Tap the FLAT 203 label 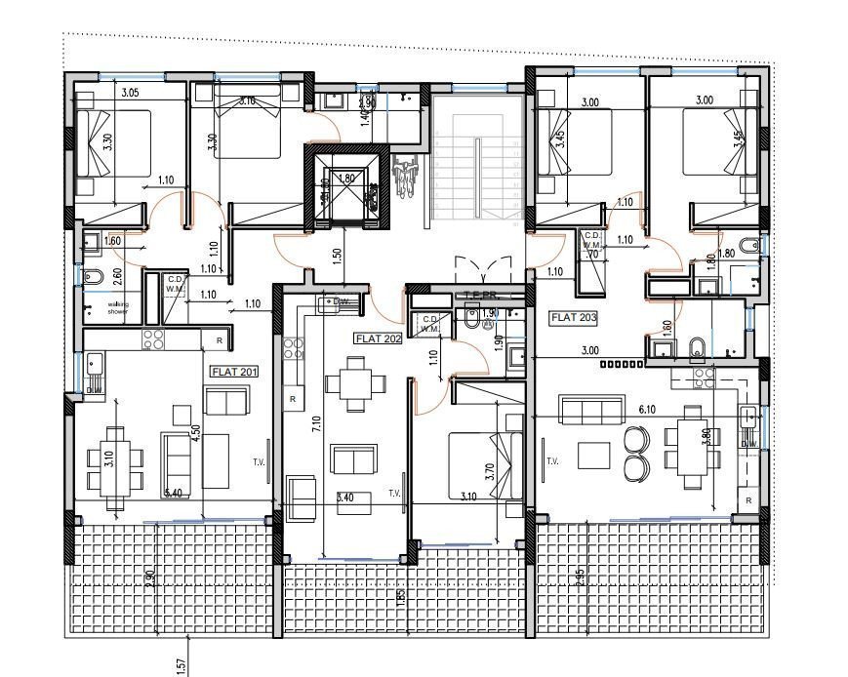pyautogui.click(x=574, y=317)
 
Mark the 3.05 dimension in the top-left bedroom pyautogui.click(x=131, y=93)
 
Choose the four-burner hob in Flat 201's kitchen pyautogui.click(x=154, y=339)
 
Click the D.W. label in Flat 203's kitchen pyautogui.click(x=747, y=443)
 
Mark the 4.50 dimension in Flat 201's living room pyautogui.click(x=195, y=432)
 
